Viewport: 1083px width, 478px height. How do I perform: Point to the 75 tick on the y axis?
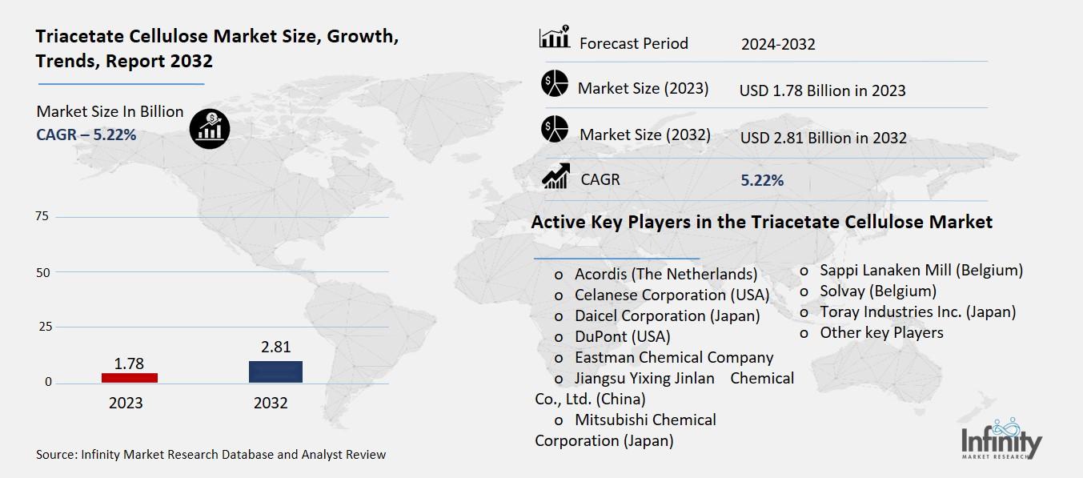tap(42, 216)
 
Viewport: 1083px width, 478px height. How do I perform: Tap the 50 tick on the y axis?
tap(42, 272)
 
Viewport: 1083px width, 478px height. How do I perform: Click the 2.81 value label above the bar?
tap(275, 347)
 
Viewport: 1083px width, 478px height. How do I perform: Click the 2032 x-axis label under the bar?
tap(271, 403)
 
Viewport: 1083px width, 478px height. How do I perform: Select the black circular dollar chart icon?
tap(210, 127)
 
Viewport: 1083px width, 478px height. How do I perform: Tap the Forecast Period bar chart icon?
tap(554, 37)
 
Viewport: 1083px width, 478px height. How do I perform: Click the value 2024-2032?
tap(778, 44)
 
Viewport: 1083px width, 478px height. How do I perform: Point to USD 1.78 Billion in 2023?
tap(823, 90)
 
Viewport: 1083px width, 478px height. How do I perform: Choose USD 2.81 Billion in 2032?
tap(824, 138)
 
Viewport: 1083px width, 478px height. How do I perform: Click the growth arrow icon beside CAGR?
tap(555, 176)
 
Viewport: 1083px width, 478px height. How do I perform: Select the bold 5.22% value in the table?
tap(762, 180)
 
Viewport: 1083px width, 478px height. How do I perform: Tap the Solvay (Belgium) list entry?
tap(877, 291)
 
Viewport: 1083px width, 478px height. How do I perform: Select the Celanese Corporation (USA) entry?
tap(672, 295)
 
